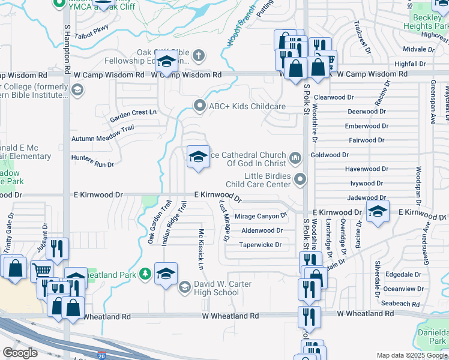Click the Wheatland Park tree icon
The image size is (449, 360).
144,275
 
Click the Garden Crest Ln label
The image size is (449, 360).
133,112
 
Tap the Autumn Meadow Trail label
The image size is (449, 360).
103,137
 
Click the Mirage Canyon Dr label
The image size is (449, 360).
261,216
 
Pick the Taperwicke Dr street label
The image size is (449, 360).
261,245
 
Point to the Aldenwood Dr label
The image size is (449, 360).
262,230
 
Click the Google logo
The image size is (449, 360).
20,353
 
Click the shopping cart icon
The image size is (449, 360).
42,271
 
